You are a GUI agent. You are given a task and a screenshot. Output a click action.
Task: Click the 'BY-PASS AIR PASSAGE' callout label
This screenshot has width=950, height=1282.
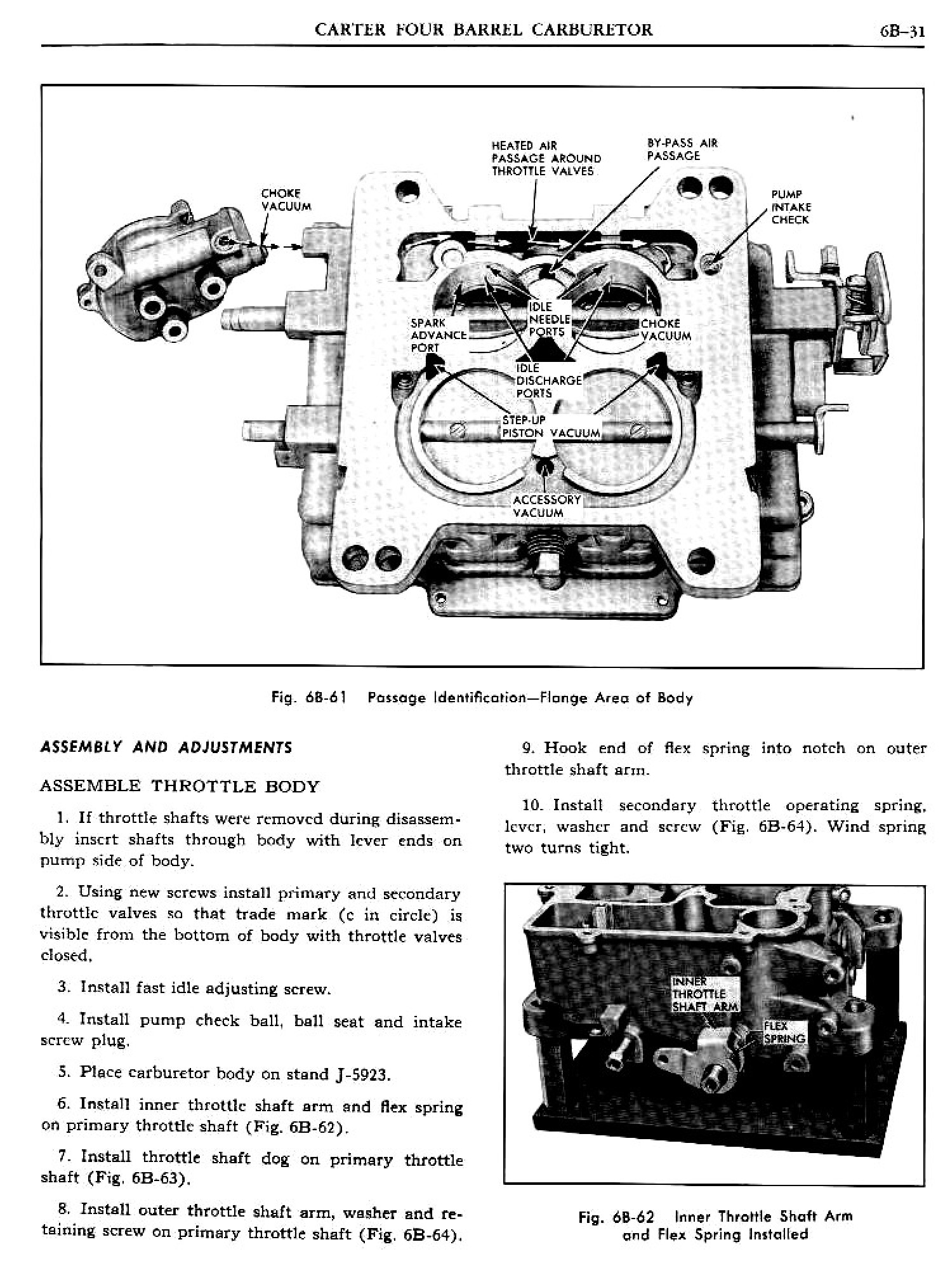coord(682,149)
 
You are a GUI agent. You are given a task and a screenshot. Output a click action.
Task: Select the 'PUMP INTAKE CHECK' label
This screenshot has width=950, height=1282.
coord(790,207)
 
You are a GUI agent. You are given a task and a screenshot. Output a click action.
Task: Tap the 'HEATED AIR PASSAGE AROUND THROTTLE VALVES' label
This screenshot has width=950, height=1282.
coord(545,158)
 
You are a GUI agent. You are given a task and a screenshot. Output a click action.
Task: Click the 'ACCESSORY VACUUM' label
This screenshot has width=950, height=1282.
coord(546,506)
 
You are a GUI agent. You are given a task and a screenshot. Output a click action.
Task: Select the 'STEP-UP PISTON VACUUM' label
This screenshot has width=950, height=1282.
coord(550,427)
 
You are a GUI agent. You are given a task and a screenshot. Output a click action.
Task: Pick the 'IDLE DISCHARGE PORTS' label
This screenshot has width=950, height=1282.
coord(548,380)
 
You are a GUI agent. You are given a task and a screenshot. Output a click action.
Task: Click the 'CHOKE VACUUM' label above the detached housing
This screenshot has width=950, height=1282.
coord(286,199)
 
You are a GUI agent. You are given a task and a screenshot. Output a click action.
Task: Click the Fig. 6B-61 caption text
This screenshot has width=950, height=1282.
coord(482,698)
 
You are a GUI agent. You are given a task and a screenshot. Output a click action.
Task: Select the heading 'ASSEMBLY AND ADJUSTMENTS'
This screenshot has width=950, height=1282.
coord(166,747)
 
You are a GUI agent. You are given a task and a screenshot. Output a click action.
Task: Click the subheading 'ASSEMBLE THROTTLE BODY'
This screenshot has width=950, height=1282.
coord(179,786)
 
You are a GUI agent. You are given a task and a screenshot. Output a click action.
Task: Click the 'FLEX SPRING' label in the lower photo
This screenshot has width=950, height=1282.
coord(784,1033)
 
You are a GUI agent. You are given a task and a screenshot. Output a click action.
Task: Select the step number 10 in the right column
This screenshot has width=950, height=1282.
coord(529,805)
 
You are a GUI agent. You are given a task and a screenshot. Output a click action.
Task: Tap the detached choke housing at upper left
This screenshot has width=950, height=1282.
coord(171,270)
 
